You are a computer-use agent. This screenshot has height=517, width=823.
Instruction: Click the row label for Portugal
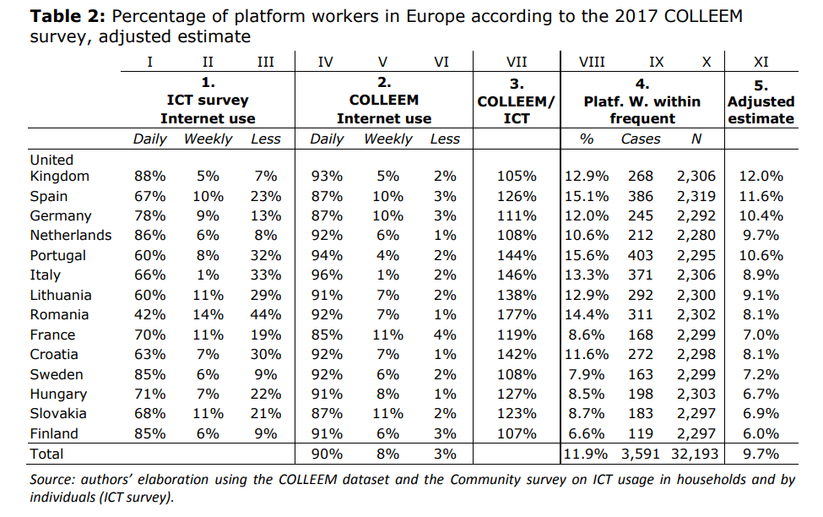pyautogui.click(x=57, y=255)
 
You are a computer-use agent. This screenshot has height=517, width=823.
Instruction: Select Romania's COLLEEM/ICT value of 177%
pyautogui.click(x=517, y=314)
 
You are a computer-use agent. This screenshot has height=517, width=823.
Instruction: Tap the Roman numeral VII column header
pyautogui.click(x=517, y=61)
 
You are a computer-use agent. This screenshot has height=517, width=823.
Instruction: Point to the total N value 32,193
pyautogui.click(x=696, y=454)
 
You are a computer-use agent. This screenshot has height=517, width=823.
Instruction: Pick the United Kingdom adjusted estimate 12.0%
pyautogui.click(x=761, y=177)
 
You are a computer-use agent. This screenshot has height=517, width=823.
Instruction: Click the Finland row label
pyautogui.click(x=54, y=433)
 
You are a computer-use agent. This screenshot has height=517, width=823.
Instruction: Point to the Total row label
pyautogui.click(x=46, y=454)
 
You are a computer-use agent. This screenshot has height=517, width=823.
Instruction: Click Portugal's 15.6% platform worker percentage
pyautogui.click(x=587, y=255)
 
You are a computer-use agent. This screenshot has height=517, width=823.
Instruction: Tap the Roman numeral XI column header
pyautogui.click(x=761, y=61)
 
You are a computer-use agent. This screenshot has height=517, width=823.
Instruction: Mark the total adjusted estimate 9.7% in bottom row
pyautogui.click(x=761, y=454)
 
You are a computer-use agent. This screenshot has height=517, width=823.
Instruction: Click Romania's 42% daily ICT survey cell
pyautogui.click(x=150, y=314)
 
